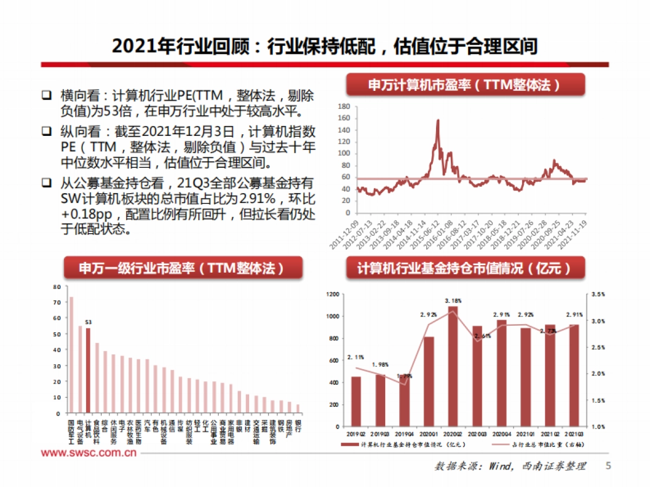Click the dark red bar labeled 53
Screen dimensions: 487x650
[88, 371]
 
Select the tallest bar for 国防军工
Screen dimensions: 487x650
[71, 354]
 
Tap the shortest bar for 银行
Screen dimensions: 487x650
[297, 409]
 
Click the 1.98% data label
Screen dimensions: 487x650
[380, 365]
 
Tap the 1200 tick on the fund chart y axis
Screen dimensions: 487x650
[332, 294]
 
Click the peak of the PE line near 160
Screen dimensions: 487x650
[438, 121]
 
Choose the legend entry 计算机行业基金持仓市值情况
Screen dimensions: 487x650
[404, 444]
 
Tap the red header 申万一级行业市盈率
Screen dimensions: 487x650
[183, 268]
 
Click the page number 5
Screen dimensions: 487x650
[608, 466]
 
